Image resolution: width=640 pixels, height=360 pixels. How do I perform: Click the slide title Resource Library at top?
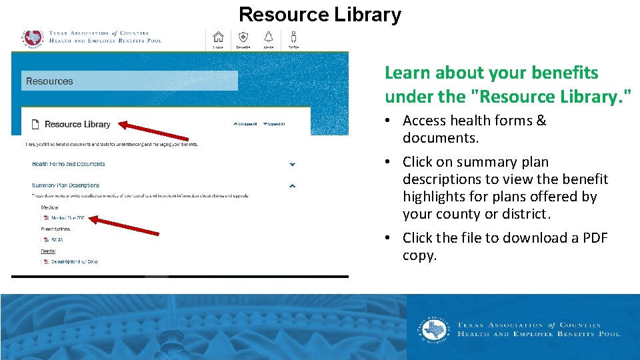(320, 14)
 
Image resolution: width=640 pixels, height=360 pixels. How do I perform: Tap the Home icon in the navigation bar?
(218, 37)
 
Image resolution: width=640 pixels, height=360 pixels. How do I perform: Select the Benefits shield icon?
(243, 37)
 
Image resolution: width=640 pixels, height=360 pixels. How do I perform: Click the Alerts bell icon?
(269, 37)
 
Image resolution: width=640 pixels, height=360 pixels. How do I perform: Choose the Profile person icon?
(293, 37)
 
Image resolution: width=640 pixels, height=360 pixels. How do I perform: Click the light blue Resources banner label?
(49, 81)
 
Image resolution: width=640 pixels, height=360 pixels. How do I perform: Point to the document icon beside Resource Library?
(35, 124)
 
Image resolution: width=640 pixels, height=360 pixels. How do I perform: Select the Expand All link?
(274, 124)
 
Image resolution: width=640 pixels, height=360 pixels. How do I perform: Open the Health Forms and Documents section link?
(68, 164)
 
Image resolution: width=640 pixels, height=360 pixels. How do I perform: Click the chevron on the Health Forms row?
(292, 164)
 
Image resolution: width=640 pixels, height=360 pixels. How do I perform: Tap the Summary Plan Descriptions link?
(65, 185)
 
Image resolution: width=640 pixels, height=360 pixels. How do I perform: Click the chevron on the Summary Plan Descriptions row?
(292, 186)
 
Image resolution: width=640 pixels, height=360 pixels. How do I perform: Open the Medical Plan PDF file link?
(67, 218)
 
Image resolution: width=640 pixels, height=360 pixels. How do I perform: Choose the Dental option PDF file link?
(73, 261)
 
